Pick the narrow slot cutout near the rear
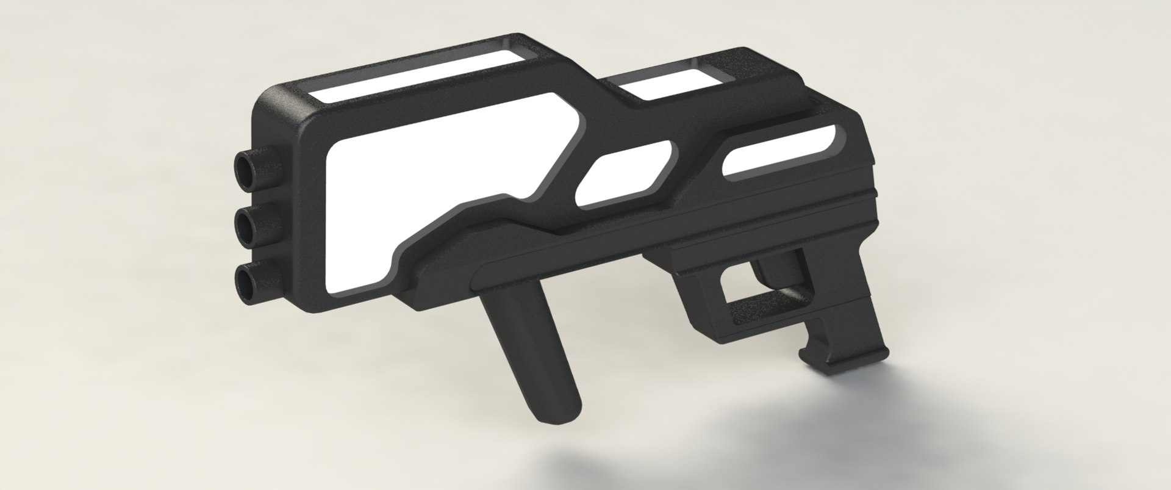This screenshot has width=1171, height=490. click(778, 156)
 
